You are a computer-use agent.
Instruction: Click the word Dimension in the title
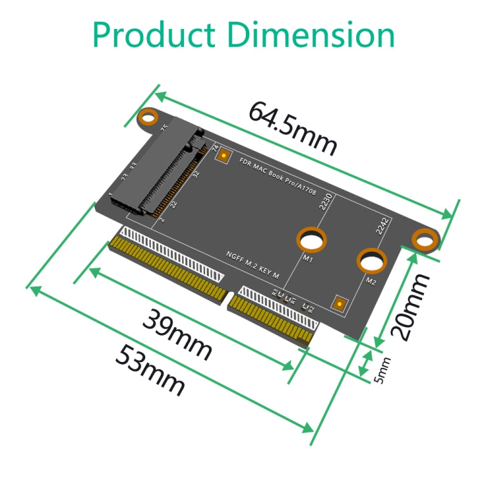coord(313,35)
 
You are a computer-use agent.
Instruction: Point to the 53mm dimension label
coord(150,369)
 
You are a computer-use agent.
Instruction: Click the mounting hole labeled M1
coord(311,240)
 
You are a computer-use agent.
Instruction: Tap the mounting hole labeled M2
coord(372,260)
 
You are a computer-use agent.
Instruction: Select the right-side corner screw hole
coord(425,239)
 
